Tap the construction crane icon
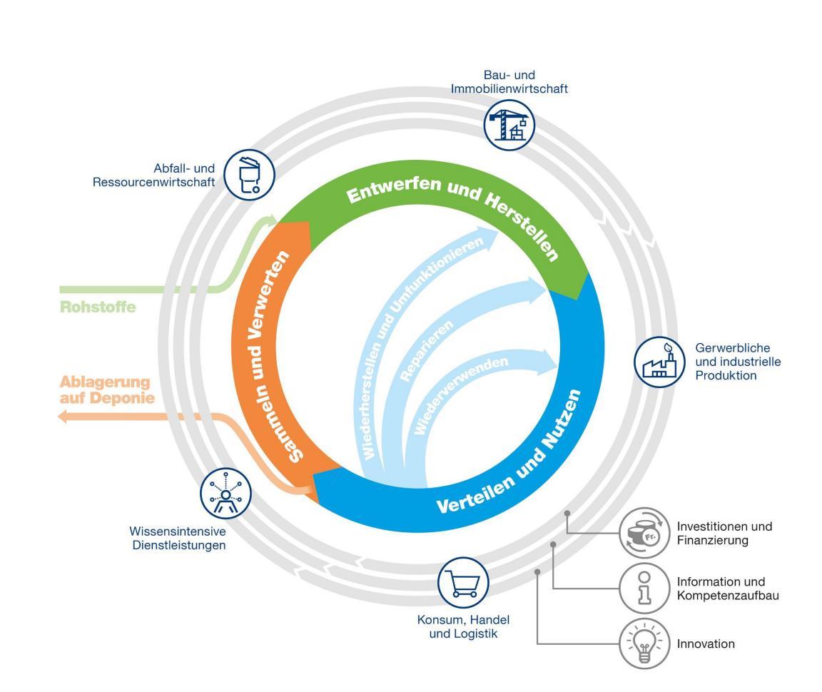click(509, 122)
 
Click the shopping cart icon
click(463, 581)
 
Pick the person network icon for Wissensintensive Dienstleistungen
click(225, 493)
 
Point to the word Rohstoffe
click(97, 307)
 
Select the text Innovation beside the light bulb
click(706, 644)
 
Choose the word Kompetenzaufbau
click(727, 595)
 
